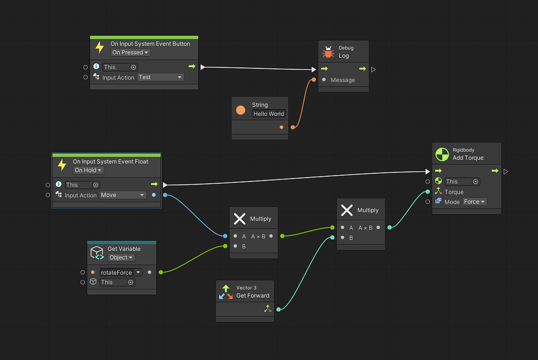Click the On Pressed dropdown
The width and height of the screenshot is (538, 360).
click(131, 53)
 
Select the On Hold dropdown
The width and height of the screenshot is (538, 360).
click(89, 170)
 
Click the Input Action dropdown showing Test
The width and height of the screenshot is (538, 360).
click(160, 77)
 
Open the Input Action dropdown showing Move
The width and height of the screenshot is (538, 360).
click(122, 195)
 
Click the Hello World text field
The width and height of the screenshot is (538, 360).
click(268, 114)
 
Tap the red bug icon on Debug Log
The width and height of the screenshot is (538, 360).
click(328, 52)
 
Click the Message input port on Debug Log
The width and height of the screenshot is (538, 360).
click(324, 80)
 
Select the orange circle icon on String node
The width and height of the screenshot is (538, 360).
click(241, 110)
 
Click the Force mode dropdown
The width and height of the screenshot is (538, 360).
click(474, 202)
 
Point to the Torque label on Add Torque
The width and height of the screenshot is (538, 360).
click(454, 192)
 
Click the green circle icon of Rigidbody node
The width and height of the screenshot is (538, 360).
click(441, 155)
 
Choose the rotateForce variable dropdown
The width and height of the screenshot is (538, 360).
click(121, 272)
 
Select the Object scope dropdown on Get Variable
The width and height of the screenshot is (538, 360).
click(121, 258)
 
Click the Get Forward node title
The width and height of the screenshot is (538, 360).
click(253, 295)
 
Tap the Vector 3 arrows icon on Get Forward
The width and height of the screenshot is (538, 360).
click(226, 292)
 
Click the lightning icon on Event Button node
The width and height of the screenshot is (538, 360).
click(100, 48)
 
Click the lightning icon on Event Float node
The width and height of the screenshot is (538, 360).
click(62, 166)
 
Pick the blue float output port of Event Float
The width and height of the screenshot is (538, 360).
click(153, 195)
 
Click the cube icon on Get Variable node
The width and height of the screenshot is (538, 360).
click(97, 253)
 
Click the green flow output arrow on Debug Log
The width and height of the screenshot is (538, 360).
click(363, 69)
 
